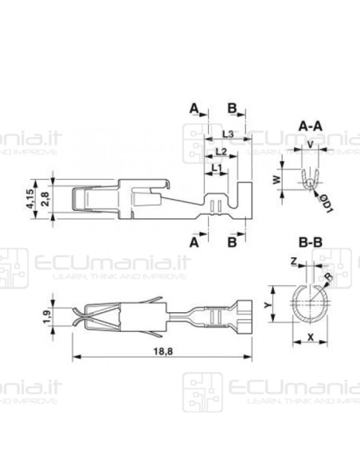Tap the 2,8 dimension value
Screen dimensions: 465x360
46,197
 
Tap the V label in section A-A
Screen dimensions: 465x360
310,145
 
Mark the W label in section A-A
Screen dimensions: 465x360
277,180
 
